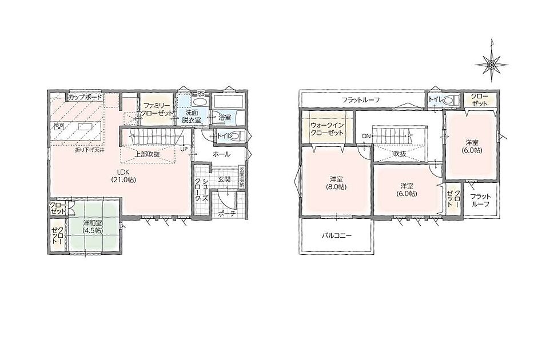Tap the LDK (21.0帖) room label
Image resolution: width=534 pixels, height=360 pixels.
pyautogui.click(x=123, y=176)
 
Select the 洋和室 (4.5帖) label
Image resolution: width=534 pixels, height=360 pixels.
pyautogui.click(x=93, y=227)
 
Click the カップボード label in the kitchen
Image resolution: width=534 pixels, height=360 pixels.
pyautogui.click(x=85, y=97)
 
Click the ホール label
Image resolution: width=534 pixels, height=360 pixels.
pyautogui.click(x=221, y=154)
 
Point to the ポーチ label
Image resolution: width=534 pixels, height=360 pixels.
pyautogui.click(x=227, y=213)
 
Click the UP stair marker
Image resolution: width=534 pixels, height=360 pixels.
pyautogui.click(x=184, y=149)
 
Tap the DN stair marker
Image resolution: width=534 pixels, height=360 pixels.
pyautogui.click(x=366, y=136)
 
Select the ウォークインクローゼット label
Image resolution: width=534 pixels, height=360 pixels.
pyautogui.click(x=326, y=129)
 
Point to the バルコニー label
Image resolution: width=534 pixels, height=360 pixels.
pyautogui.click(x=337, y=235)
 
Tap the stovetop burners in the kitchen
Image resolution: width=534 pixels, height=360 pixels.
pyautogui.click(x=59, y=127)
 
